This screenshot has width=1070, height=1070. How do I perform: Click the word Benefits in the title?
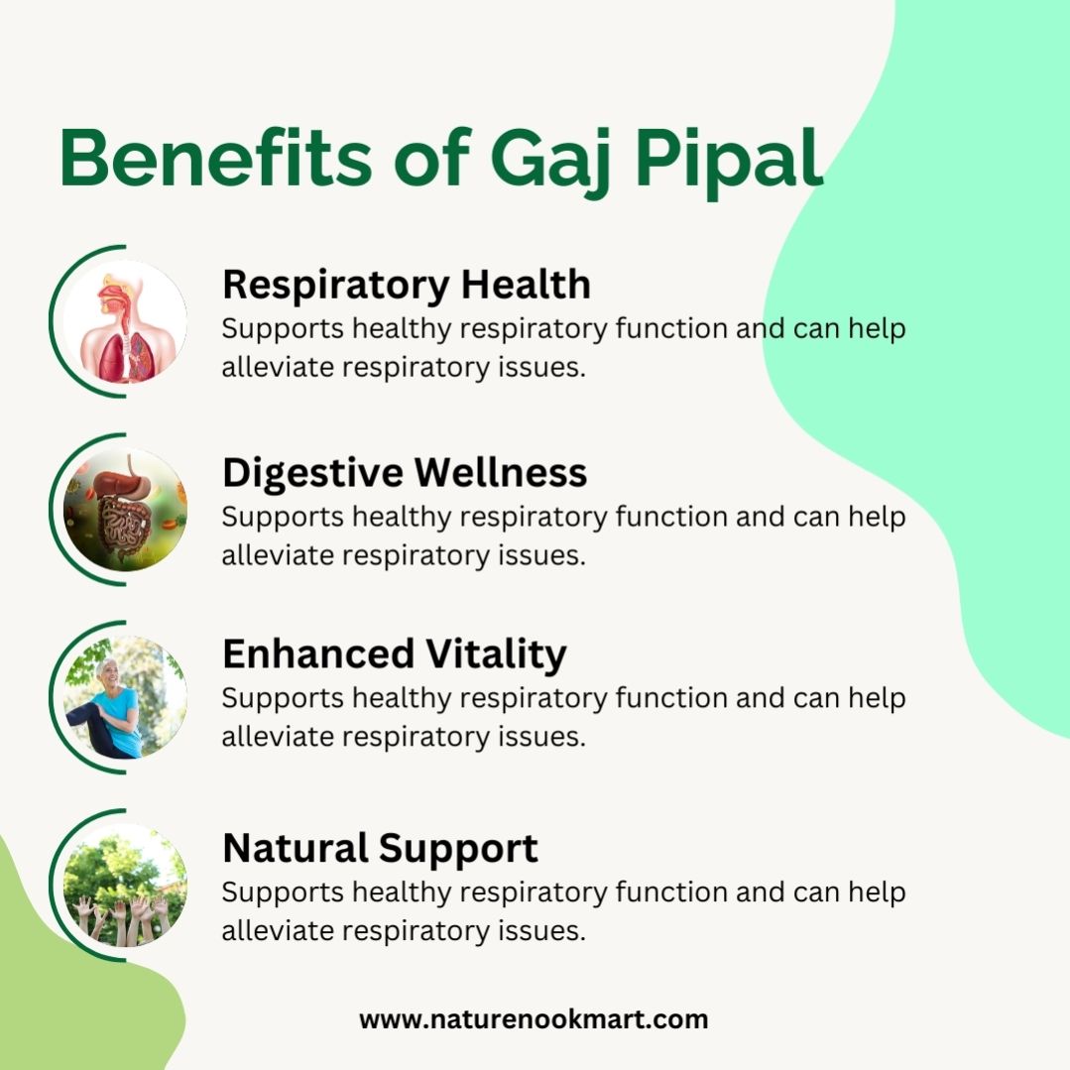(x=216, y=157)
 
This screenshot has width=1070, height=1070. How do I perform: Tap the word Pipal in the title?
(x=729, y=164)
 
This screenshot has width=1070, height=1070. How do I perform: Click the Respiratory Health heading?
(x=407, y=286)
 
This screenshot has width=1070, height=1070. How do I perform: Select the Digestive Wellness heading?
(x=405, y=473)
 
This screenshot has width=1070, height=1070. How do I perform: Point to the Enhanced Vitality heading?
(x=395, y=654)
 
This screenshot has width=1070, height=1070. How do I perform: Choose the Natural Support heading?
(x=380, y=849)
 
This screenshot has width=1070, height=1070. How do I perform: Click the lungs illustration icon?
(x=125, y=321)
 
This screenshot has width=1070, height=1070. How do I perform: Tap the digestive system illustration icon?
(x=125, y=510)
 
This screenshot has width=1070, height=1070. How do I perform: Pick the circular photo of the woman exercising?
(x=125, y=697)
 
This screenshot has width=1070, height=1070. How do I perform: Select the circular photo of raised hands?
(x=125, y=886)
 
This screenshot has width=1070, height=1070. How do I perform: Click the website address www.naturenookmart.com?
(x=534, y=1020)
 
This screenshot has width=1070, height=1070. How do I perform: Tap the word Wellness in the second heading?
(x=500, y=473)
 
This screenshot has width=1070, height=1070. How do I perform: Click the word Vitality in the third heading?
(x=497, y=654)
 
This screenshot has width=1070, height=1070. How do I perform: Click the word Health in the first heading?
(x=526, y=284)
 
